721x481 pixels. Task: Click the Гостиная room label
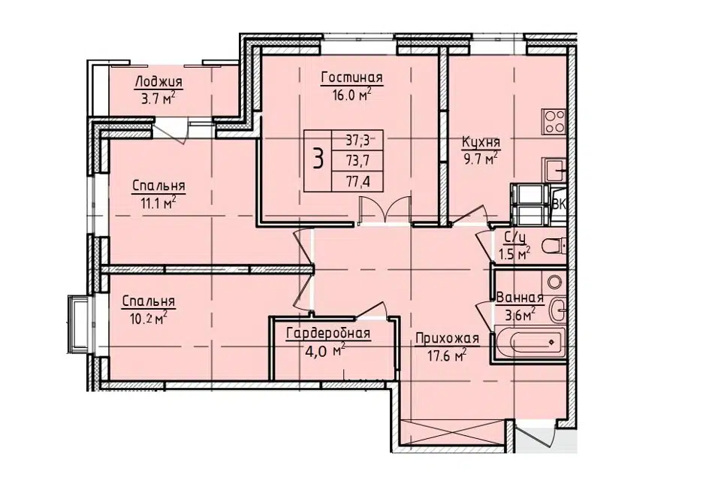click(351, 77)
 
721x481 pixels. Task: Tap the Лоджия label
click(158, 82)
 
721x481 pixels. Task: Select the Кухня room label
click(481, 142)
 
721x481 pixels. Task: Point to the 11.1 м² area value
click(158, 202)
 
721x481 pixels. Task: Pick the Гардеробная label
click(328, 333)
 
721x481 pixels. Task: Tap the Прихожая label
click(447, 339)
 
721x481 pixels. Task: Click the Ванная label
click(520, 298)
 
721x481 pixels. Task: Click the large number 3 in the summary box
click(318, 159)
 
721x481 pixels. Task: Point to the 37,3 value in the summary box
click(357, 138)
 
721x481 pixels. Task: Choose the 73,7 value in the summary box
click(357, 161)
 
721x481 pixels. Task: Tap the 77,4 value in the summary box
click(357, 183)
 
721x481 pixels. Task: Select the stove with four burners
click(554, 122)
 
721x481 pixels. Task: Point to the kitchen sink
click(555, 170)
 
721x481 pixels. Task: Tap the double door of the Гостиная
click(385, 210)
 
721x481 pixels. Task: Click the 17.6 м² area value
click(448, 355)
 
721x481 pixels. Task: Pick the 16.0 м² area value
click(351, 95)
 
